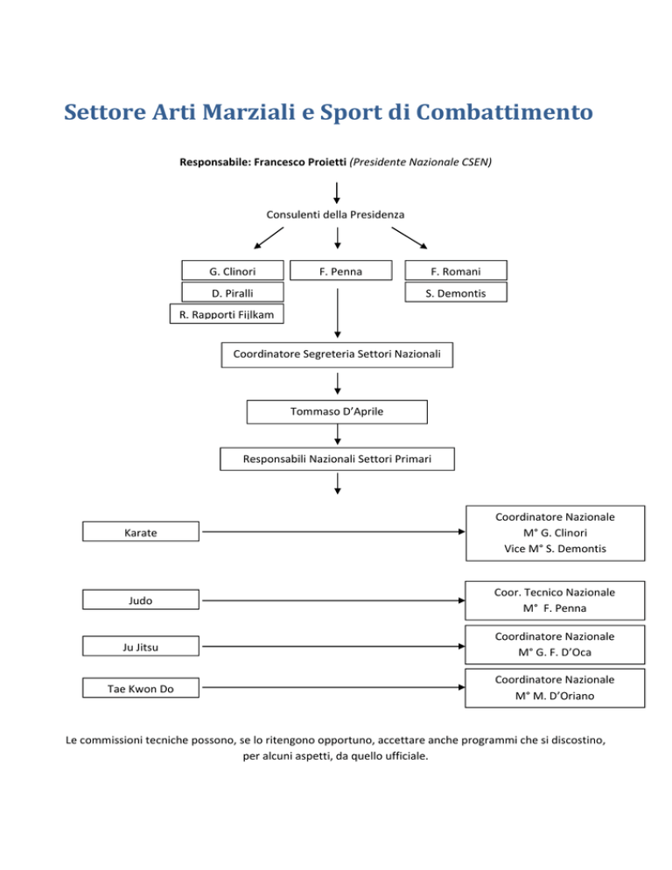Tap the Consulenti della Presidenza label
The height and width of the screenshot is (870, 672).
click(337, 214)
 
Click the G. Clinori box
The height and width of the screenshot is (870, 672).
click(233, 271)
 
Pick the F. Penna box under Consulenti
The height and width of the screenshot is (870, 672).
click(338, 271)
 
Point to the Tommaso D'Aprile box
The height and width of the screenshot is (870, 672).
click(337, 411)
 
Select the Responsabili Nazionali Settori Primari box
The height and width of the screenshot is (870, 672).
click(337, 458)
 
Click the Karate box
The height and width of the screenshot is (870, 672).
click(141, 531)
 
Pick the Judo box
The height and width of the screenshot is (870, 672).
click(141, 600)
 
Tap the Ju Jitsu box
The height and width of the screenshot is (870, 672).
click(141, 647)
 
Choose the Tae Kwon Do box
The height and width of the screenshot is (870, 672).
click(141, 690)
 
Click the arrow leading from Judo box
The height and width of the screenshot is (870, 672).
click(332, 600)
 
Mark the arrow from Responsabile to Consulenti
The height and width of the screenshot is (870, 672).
click(337, 191)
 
